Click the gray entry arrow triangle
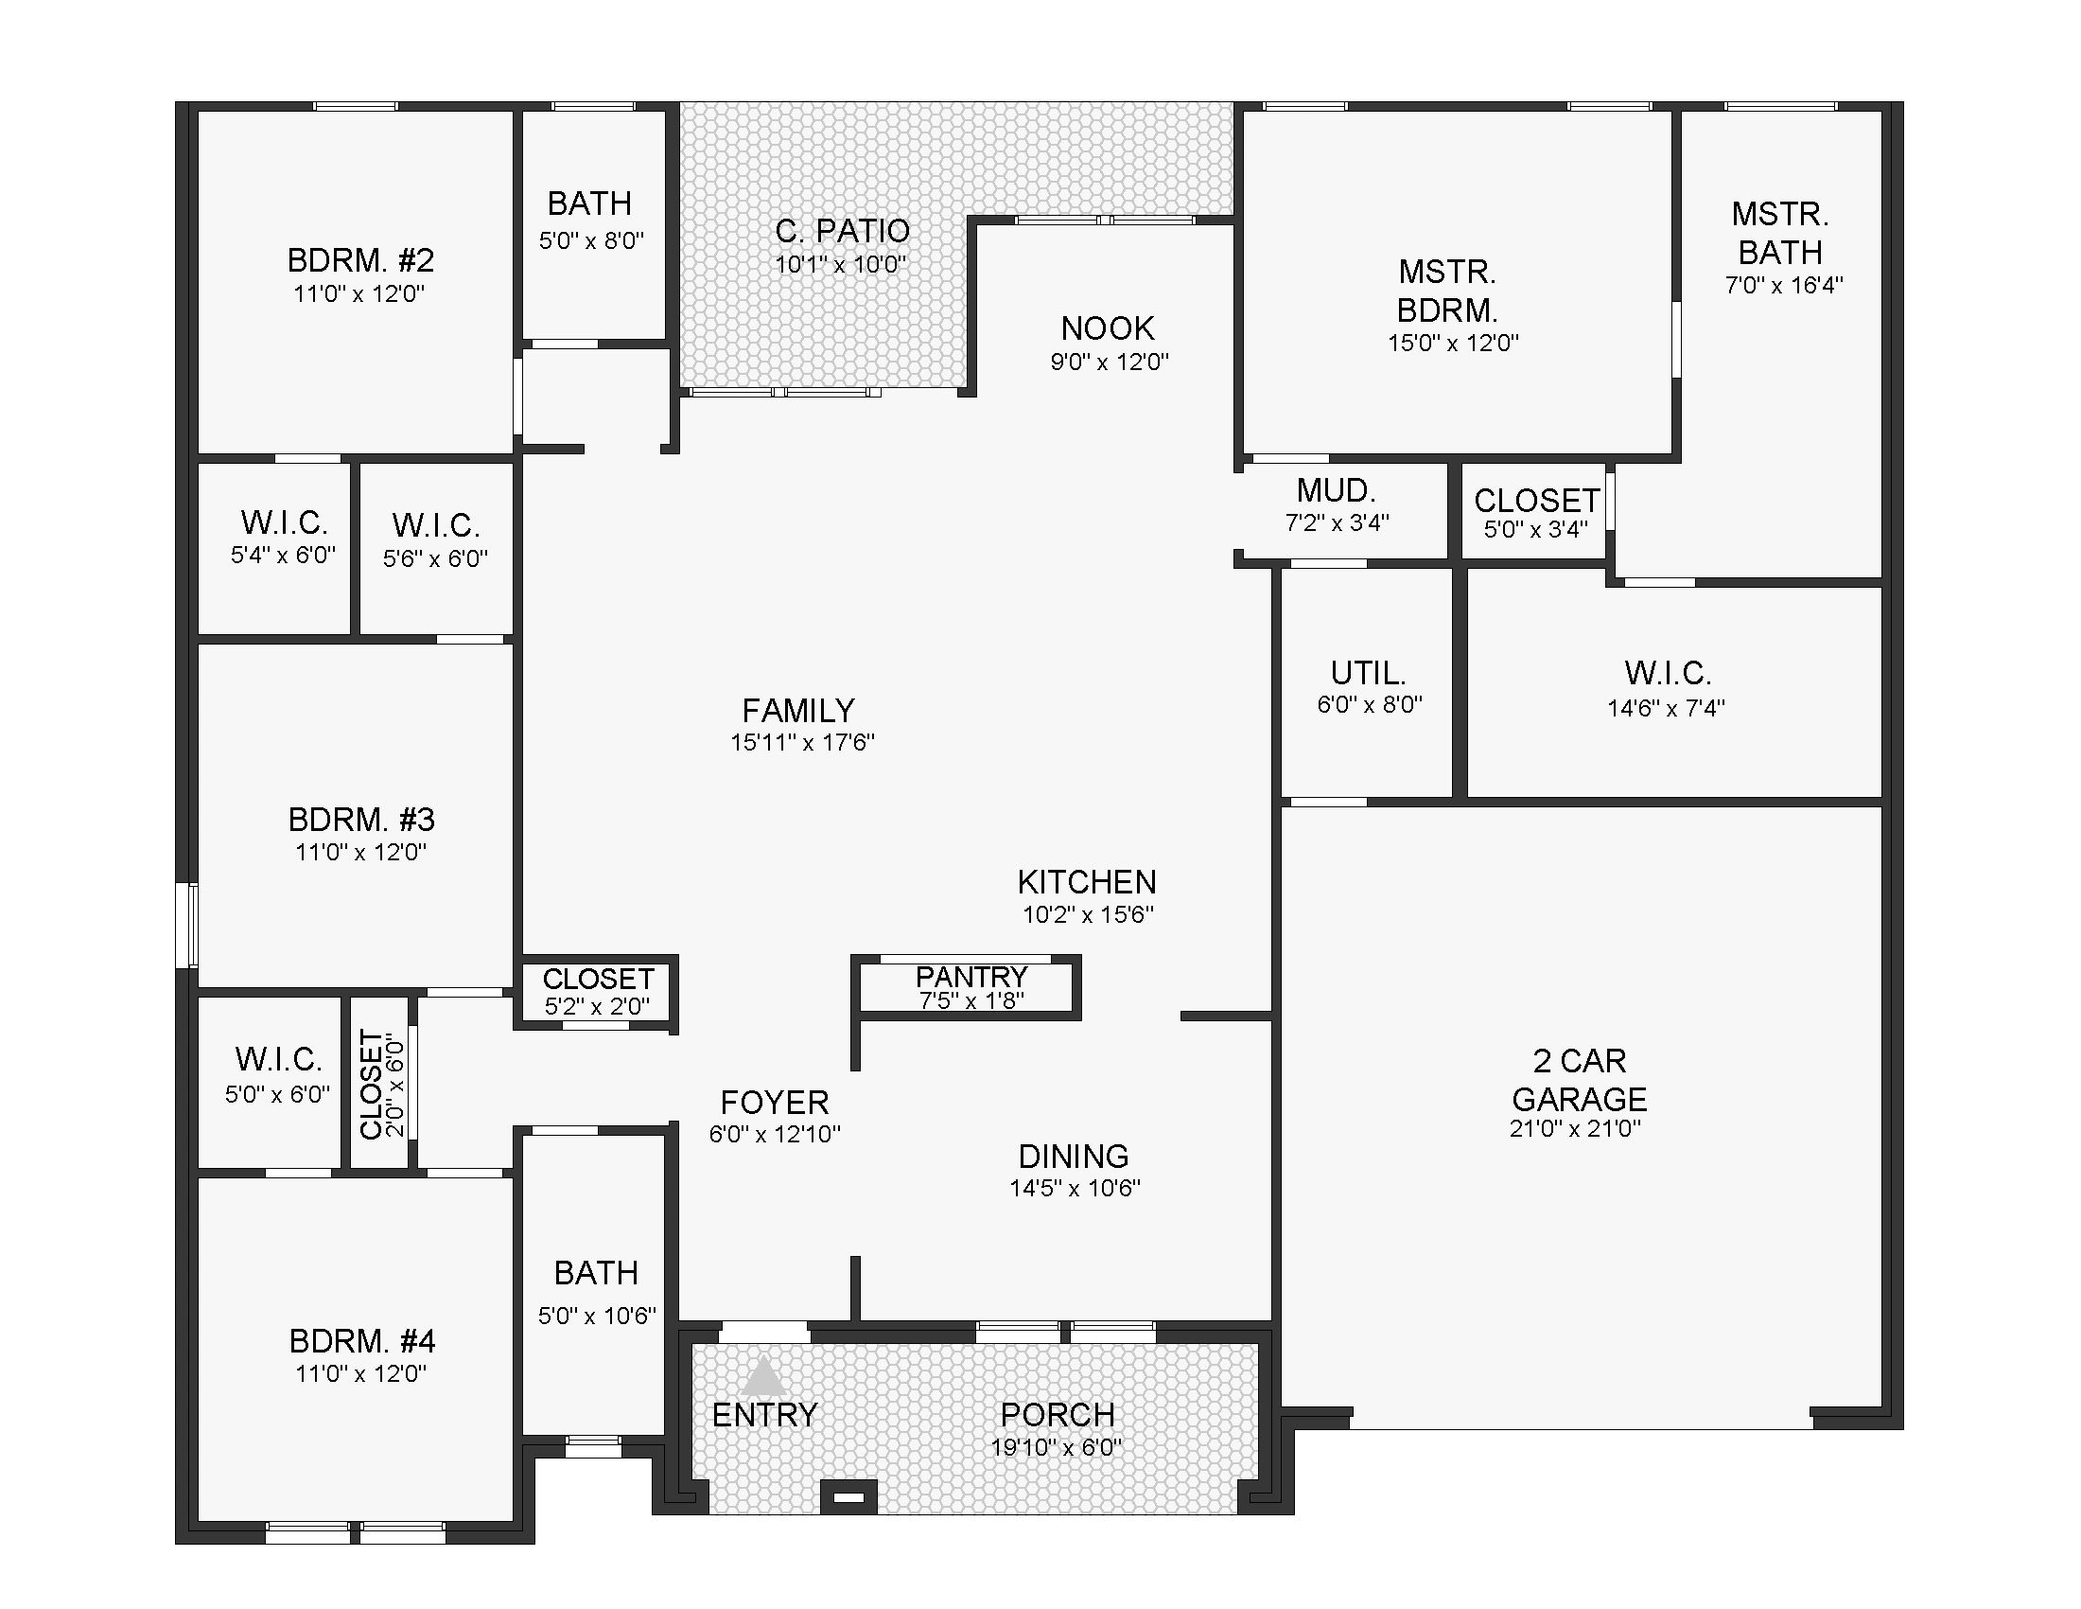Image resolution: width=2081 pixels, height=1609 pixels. click(763, 1377)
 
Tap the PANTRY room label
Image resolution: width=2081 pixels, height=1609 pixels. click(971, 976)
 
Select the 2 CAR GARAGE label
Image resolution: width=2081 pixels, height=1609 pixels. click(1579, 1080)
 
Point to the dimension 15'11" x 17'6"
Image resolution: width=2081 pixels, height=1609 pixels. click(802, 743)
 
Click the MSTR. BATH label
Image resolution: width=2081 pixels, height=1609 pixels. click(1780, 233)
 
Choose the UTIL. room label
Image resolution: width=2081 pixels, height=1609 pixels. click(1369, 673)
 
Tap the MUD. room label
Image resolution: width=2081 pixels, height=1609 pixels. click(1336, 491)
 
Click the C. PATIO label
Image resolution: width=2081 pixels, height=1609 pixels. click(842, 231)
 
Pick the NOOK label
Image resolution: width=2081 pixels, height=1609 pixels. click(1108, 327)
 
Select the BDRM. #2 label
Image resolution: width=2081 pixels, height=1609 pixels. click(360, 259)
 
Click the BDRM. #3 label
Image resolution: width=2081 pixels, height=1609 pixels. click(361, 819)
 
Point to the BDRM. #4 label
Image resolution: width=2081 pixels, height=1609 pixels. click(362, 1341)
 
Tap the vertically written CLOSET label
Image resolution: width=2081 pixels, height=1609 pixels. click(372, 1084)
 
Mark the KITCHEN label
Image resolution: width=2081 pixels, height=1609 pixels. click(1087, 882)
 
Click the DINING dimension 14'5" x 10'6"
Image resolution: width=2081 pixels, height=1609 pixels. click(1075, 1189)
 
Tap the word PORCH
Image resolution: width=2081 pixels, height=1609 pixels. click(1058, 1415)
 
